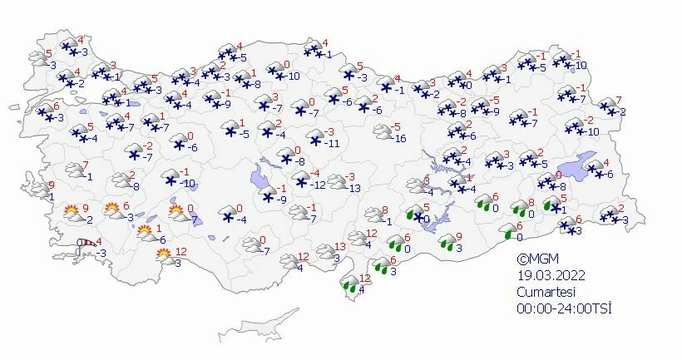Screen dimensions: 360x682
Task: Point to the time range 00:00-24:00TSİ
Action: pyautogui.click(x=563, y=308)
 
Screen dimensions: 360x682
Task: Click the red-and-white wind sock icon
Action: pyautogui.click(x=86, y=245)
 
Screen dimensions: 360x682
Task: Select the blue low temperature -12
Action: pyautogui.click(x=317, y=185)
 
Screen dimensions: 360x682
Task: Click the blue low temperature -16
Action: pyautogui.click(x=401, y=138)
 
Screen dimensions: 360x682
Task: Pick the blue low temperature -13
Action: pyautogui.click(x=354, y=188)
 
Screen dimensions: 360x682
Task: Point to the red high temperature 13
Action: pyautogui.click(x=340, y=246)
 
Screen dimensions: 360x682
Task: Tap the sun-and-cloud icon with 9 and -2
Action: pyautogui.click(x=74, y=213)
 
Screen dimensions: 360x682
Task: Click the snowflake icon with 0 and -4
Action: pyautogui.click(x=226, y=215)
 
